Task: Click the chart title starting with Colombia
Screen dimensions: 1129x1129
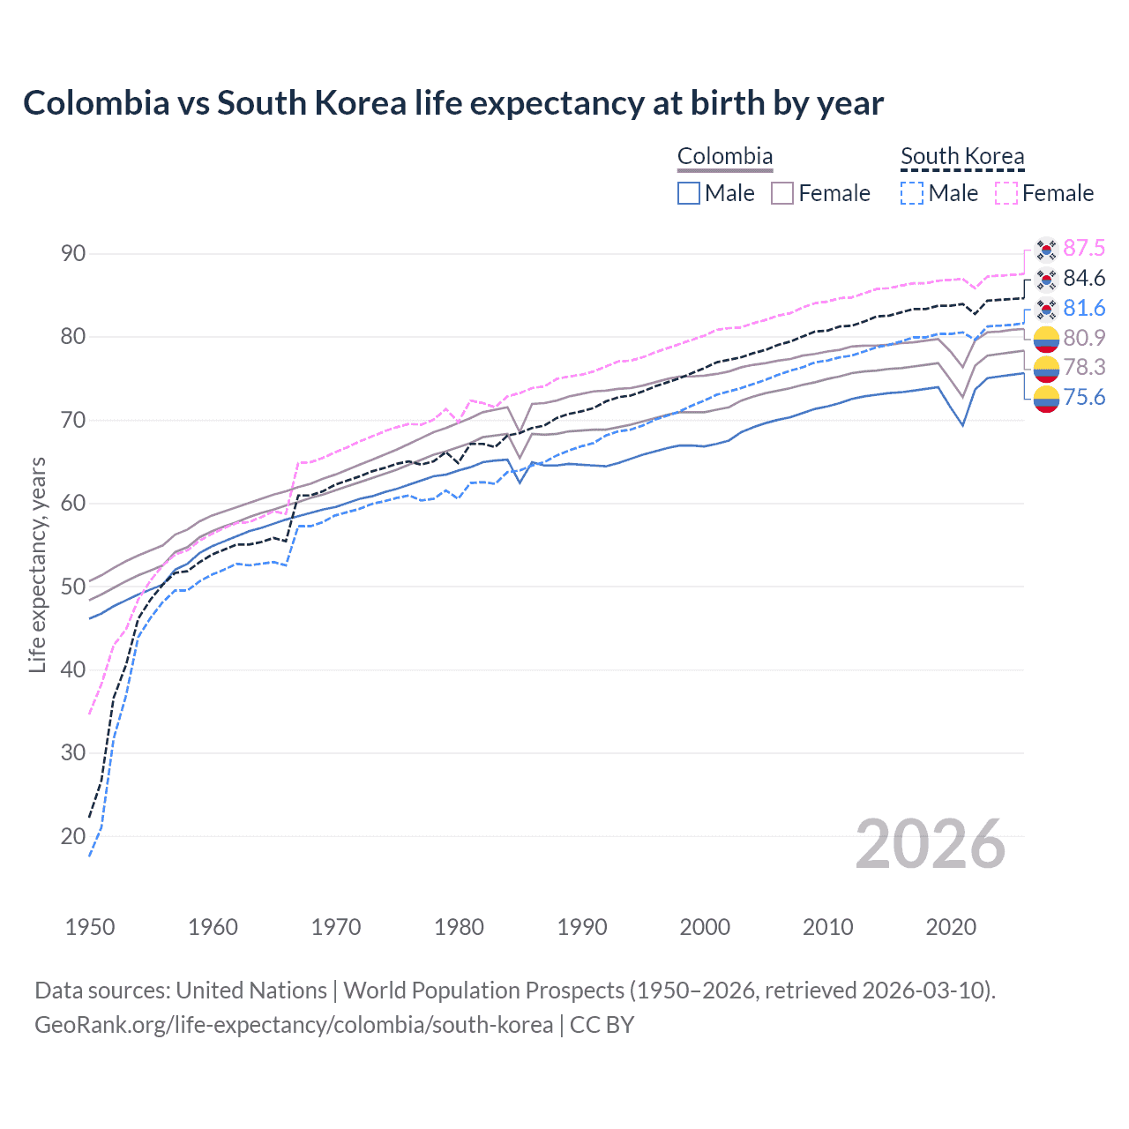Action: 452,103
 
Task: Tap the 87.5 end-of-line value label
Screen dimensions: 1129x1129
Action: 1084,248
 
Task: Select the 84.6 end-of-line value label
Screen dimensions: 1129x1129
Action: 1084,278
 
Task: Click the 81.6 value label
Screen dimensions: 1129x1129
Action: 1084,308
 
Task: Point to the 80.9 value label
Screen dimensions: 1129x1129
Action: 1084,338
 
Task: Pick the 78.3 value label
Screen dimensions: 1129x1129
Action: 1084,367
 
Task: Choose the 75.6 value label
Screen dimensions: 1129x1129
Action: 1084,397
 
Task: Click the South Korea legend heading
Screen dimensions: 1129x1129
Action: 962,156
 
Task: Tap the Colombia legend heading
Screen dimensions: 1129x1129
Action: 725,156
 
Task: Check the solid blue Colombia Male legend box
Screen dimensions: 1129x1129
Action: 689,193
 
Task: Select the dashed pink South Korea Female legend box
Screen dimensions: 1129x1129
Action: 1006,193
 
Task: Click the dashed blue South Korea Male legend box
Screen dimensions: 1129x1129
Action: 912,193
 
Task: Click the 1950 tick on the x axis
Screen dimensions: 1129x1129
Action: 90,927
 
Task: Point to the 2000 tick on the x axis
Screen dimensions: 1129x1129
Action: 705,927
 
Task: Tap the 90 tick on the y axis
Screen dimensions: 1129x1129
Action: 73,254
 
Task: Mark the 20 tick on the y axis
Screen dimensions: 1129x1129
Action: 73,836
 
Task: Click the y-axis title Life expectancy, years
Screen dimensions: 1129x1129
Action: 37,564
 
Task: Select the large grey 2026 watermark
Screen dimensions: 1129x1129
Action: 931,844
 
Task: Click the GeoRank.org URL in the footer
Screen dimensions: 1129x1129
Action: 294,1025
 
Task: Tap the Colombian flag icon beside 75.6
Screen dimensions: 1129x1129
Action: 1046,399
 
